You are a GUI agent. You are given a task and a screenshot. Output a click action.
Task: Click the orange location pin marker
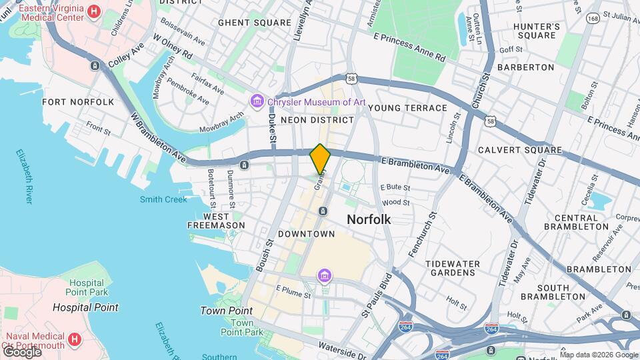[x=320, y=159]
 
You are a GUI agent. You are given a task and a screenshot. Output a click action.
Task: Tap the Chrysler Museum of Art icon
[x=257, y=102]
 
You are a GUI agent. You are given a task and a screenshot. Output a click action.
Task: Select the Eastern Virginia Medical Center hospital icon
[x=93, y=12]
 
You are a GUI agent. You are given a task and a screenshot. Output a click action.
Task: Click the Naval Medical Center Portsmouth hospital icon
[x=75, y=339]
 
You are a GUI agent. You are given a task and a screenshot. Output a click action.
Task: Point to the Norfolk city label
[x=369, y=219]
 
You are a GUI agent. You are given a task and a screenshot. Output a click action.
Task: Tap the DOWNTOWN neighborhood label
[x=306, y=234]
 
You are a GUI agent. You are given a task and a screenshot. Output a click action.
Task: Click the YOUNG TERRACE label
[x=407, y=108]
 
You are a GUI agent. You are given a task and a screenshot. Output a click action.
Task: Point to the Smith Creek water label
[x=163, y=199]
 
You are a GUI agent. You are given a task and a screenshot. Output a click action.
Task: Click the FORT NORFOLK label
[x=78, y=102]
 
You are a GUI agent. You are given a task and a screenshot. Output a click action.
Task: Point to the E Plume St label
[x=293, y=294]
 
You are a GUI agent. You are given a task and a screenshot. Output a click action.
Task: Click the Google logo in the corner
[x=21, y=351]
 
